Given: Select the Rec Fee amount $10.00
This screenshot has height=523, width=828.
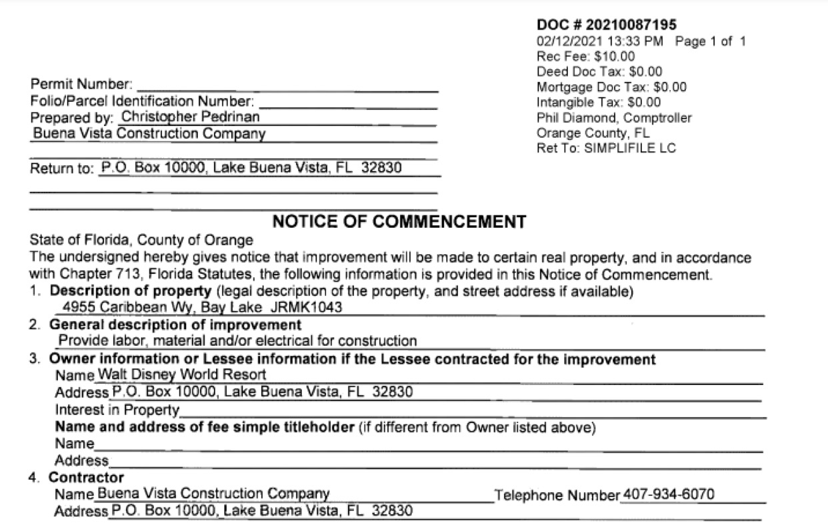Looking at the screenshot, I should (614, 57).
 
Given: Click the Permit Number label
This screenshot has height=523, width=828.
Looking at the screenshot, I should (82, 85).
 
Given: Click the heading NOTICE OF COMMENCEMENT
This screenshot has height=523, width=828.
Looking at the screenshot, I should (399, 222).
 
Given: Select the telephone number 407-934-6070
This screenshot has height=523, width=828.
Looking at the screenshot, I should (668, 494).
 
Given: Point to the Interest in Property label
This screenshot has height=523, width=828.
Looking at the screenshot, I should (117, 409).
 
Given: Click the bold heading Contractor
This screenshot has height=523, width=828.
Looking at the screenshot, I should (86, 478).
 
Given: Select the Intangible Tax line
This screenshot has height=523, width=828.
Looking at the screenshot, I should (599, 102).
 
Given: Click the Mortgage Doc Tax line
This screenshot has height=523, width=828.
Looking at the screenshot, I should (611, 87).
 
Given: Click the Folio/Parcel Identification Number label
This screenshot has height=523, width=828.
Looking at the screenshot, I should (143, 101).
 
